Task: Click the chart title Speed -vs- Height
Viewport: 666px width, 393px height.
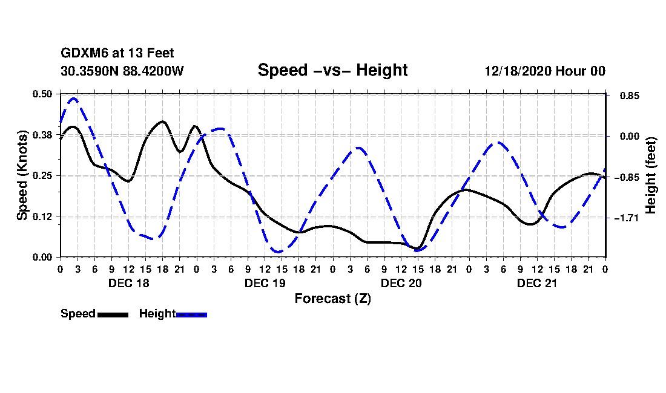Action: (x=332, y=70)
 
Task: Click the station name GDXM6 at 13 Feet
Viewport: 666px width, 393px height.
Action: (x=117, y=54)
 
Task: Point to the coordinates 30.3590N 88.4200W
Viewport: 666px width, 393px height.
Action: (x=122, y=71)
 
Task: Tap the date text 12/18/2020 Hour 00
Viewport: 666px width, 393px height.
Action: (x=545, y=71)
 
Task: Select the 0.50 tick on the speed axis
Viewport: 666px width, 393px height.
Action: (x=43, y=94)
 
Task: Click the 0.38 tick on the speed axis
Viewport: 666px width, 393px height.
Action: (x=43, y=135)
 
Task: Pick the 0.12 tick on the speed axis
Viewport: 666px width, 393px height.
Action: (x=43, y=216)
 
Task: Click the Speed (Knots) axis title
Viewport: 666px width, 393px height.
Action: (x=22, y=175)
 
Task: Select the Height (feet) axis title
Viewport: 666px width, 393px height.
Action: (x=651, y=175)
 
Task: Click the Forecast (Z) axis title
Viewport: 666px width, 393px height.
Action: (x=332, y=299)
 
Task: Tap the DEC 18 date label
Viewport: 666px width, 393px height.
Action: (x=128, y=283)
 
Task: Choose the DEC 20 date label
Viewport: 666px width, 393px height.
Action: (x=401, y=283)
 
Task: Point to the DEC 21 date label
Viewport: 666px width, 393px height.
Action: (x=537, y=283)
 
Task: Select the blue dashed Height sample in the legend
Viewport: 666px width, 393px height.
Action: (x=191, y=314)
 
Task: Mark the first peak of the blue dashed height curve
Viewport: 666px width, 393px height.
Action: (x=74, y=98)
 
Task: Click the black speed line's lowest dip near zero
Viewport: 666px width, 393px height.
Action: (x=417, y=248)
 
